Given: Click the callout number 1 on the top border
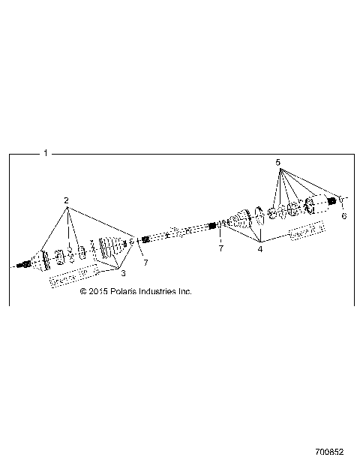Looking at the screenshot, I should [45, 153].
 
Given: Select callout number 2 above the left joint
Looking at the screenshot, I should [66, 201].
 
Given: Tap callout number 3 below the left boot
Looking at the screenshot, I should [124, 273].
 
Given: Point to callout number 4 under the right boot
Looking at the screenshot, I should [260, 248].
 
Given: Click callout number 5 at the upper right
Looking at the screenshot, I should [277, 162].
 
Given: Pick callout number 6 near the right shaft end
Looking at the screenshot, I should [344, 215].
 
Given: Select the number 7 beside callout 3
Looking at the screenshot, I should [145, 261].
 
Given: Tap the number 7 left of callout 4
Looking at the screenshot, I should [220, 248].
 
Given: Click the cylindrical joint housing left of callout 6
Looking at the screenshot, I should [320, 204].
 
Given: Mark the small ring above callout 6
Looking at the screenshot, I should [340, 200].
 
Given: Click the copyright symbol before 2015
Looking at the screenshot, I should [83, 291].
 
